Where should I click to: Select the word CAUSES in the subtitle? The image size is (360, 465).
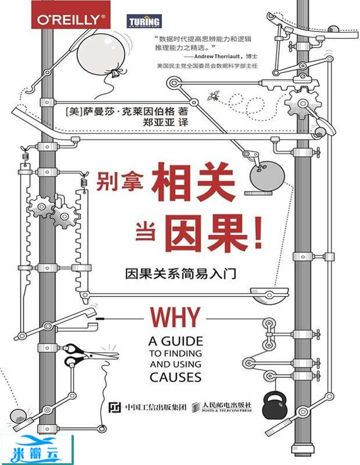coord(174,376)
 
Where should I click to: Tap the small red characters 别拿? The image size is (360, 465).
coord(111,178)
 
